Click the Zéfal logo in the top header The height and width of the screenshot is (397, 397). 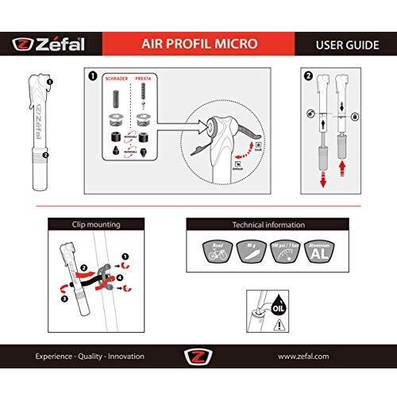coord(49,44)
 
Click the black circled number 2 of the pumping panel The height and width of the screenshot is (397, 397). coord(308,77)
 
